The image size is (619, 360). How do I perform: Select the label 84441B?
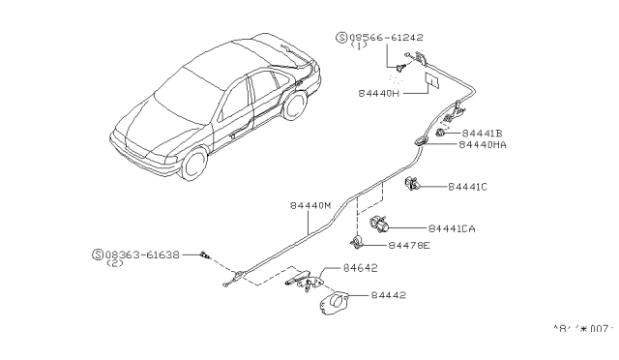click(487, 132)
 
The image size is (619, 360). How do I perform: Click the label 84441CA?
click(457, 229)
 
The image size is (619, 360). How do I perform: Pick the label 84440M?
click(309, 205)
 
